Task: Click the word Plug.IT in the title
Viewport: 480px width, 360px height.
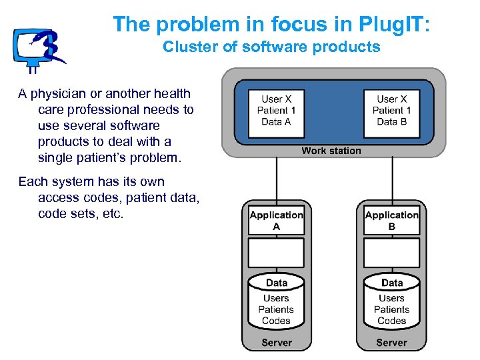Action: [387, 24]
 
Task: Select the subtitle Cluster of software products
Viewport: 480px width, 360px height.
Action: [271, 47]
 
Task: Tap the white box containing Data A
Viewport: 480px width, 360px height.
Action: [276, 111]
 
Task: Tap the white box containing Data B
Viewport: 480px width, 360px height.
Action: [391, 111]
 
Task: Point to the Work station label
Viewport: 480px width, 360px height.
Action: [331, 151]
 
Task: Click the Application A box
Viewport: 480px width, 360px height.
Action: [276, 221]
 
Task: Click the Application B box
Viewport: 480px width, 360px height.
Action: [391, 221]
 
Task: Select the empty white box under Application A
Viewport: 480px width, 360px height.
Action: [276, 253]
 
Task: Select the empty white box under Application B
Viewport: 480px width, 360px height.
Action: [391, 253]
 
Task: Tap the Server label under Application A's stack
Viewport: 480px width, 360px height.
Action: [276, 343]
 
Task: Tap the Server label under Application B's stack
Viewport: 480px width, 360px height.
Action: [391, 343]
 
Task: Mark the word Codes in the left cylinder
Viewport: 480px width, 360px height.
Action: [276, 321]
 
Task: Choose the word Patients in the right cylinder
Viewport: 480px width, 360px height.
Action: [391, 309]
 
